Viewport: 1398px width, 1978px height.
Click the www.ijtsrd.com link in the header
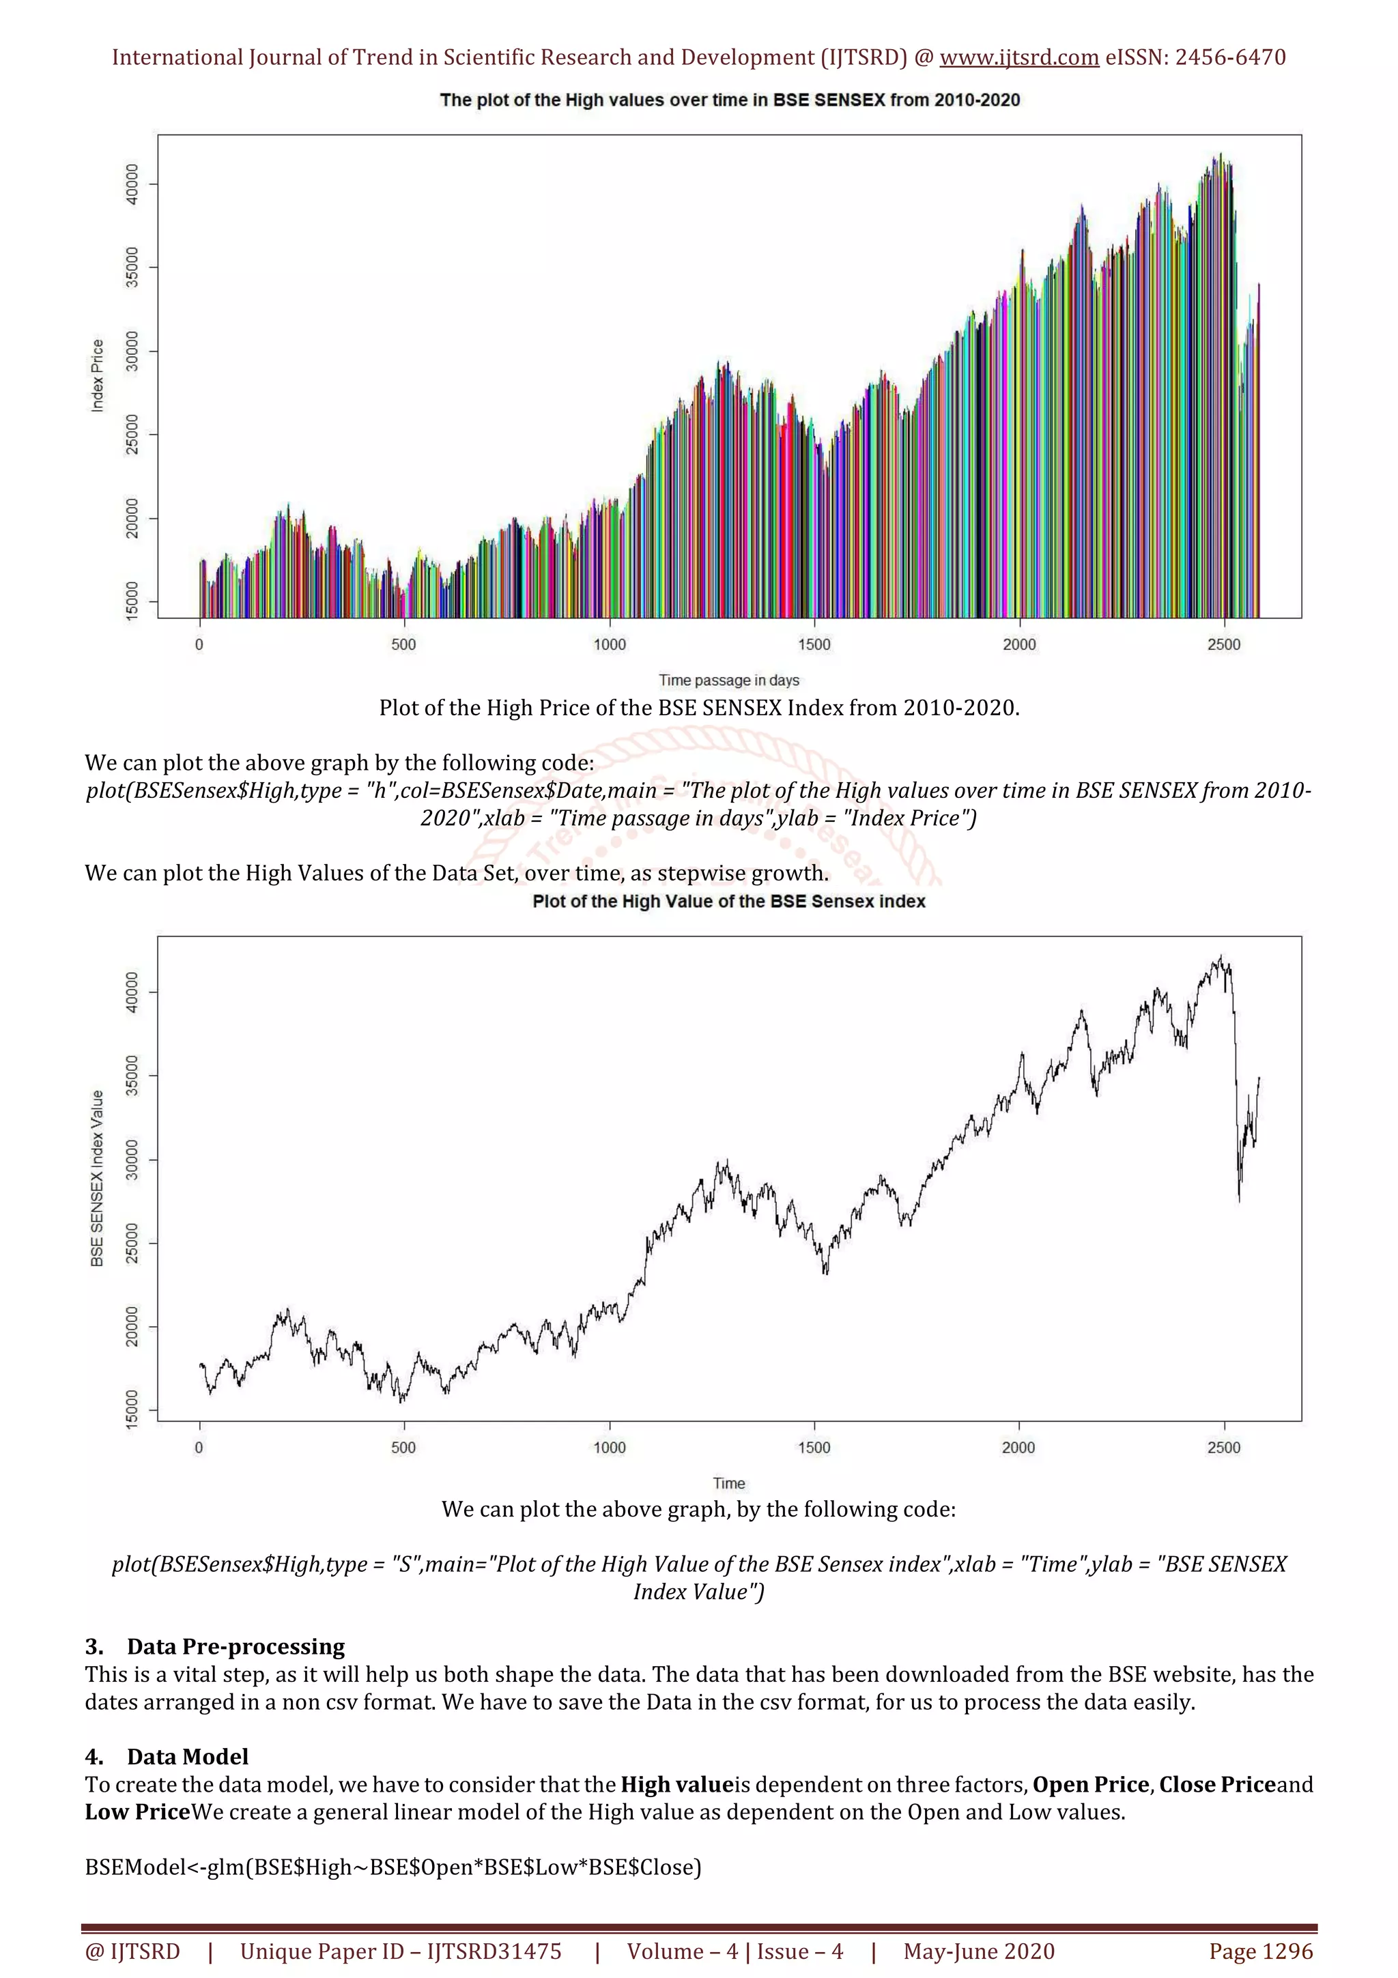(x=1018, y=58)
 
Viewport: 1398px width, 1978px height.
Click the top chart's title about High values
(x=729, y=100)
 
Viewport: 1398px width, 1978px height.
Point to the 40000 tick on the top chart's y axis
(x=132, y=184)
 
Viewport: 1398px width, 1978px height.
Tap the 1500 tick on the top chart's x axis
(x=813, y=644)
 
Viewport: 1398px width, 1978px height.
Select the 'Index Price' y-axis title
(x=98, y=375)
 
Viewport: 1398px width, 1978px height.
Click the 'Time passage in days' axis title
(x=729, y=680)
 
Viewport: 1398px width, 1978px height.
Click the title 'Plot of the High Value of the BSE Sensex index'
(x=729, y=901)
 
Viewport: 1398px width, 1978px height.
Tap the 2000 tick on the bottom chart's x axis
(x=1018, y=1447)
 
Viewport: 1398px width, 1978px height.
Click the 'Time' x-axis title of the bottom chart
(x=729, y=1482)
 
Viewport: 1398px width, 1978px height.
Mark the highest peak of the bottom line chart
(x=1221, y=956)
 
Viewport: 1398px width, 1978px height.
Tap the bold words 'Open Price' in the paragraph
(x=1091, y=1784)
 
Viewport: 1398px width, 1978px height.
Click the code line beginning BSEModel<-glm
(x=393, y=1867)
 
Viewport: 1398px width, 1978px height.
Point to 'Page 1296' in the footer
(x=1260, y=1951)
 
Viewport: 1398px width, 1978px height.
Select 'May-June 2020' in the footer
(x=978, y=1951)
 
